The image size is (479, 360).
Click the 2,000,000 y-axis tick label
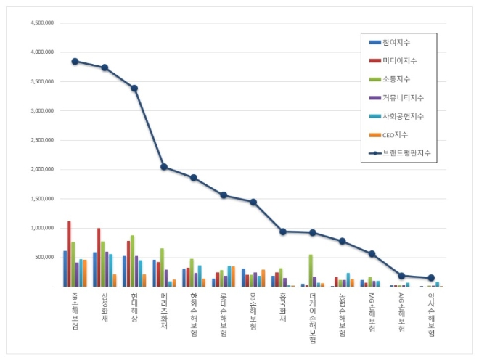coord(41,169)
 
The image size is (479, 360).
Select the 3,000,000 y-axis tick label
coord(41,110)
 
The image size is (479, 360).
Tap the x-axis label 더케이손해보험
coord(313,319)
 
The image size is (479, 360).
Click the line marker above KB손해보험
coord(75,61)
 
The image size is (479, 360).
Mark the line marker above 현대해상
coord(134,89)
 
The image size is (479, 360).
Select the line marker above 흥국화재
coord(283,232)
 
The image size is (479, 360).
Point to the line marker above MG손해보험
coord(372,254)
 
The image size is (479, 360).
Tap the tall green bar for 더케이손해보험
coord(311,270)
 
